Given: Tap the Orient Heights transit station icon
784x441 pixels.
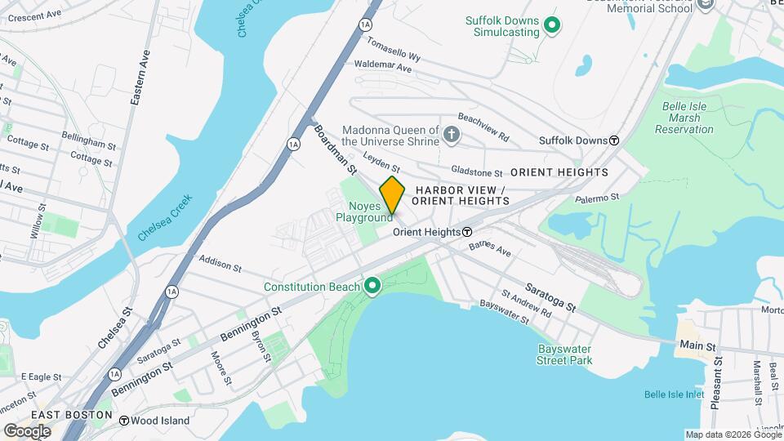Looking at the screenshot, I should pos(467,232).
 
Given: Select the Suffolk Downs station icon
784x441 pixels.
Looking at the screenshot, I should pos(614,140).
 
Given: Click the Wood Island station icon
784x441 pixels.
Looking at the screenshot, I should pos(124,421).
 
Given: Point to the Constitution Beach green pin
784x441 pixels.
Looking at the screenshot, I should pos(373,286).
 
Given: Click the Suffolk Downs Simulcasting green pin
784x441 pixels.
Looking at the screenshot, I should pos(552,26).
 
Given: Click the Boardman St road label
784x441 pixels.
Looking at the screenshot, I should pos(336,149).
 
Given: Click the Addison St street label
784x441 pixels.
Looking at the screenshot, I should pos(220,264).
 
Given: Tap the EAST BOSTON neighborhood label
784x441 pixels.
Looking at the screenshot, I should pos(72,415).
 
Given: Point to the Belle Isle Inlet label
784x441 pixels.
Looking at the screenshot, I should pos(674,394).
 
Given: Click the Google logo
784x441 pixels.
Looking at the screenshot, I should pos(27,430).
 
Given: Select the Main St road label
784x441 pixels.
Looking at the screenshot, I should pos(697,346).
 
